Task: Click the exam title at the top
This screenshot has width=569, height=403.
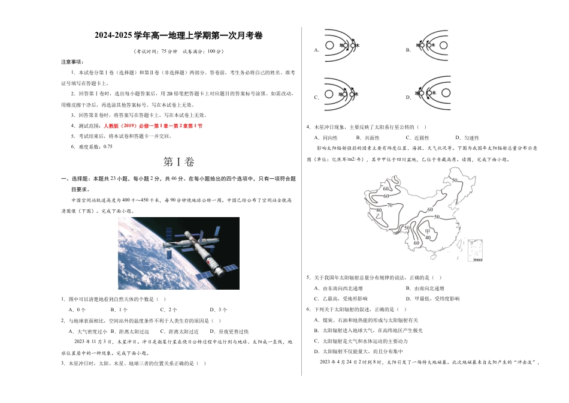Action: [178, 36]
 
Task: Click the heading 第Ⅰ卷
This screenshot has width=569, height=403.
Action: [178, 162]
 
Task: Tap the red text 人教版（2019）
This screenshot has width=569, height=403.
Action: [126, 126]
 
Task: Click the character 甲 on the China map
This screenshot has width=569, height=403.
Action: [427, 231]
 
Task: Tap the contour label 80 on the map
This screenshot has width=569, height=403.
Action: [379, 210]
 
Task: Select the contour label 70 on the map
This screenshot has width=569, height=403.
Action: [389, 205]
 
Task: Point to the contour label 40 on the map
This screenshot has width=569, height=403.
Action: [427, 237]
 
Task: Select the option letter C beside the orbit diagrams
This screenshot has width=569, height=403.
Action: [316, 97]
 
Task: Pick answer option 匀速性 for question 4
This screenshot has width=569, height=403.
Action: [468, 138]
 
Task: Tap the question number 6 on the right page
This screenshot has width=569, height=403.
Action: [308, 309]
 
